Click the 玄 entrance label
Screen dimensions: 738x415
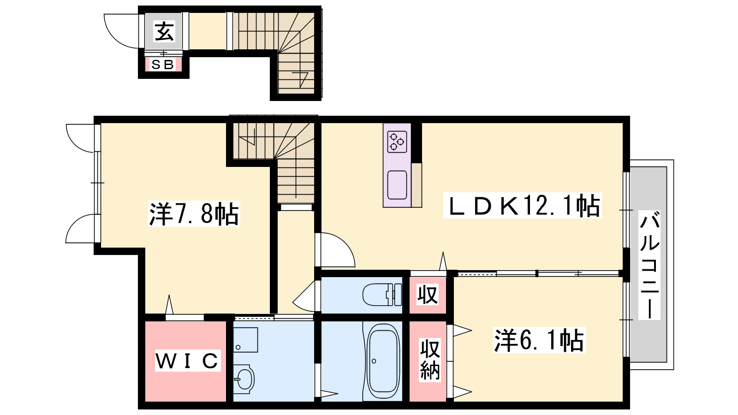164,31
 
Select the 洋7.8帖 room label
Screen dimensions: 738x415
194,214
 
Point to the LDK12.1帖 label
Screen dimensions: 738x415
523,206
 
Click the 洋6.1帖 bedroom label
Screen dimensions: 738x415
539,340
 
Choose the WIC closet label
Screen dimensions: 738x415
187,361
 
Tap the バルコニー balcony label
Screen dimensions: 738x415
649,265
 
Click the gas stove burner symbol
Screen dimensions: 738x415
397,142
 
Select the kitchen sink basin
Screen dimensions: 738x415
397,185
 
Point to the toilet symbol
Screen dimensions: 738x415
382,295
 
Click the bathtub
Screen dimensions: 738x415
383,362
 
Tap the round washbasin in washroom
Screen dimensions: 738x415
244,379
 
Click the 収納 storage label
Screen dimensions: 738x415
429,360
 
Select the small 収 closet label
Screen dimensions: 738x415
428,294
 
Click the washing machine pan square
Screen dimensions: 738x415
245,340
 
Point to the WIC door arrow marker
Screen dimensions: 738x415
169,305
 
